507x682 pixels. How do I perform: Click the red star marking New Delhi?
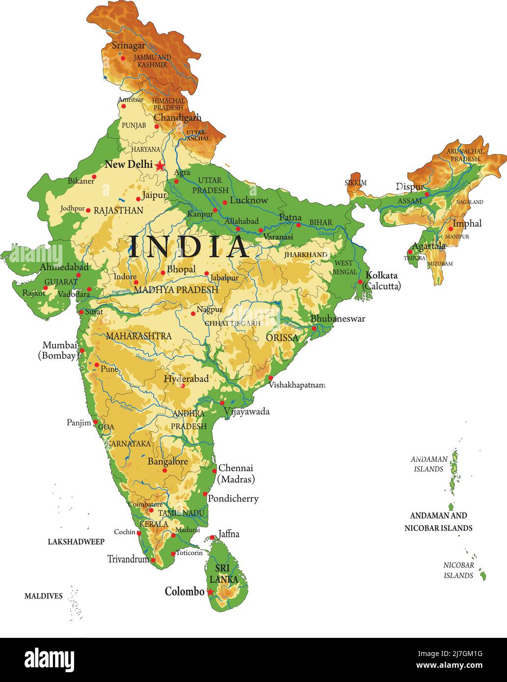[160, 166]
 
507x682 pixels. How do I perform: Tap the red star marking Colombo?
[211, 592]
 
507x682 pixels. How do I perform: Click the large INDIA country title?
[189, 247]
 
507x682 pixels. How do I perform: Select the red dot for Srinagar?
[123, 58]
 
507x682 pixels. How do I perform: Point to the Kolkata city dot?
[360, 282]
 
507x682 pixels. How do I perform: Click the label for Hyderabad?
[186, 378]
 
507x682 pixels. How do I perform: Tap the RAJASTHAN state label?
[118, 210]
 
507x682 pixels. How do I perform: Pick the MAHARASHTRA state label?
[138, 336]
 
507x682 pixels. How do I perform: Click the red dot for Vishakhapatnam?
[270, 378]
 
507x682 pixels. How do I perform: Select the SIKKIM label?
[355, 183]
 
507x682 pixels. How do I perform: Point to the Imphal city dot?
[451, 228]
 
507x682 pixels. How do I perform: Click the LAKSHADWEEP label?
[76, 542]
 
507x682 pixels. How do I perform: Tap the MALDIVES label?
[44, 596]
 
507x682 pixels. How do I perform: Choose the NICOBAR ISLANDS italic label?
[458, 570]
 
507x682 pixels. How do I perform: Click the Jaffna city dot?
[212, 537]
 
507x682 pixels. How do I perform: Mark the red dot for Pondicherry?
[205, 494]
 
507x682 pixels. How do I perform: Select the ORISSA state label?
[282, 338]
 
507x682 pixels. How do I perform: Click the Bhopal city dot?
[163, 273]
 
